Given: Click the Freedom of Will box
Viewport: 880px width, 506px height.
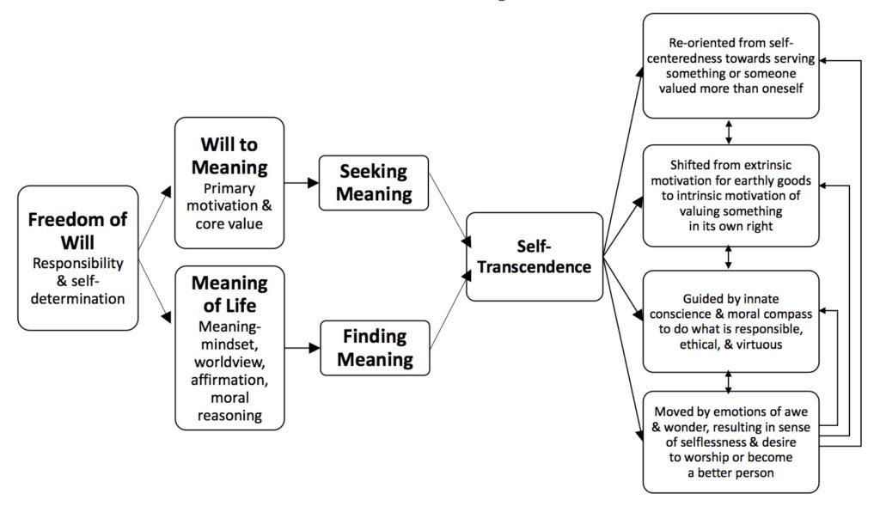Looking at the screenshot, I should coord(77,258).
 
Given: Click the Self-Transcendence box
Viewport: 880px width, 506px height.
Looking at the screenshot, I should coord(535,256).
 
